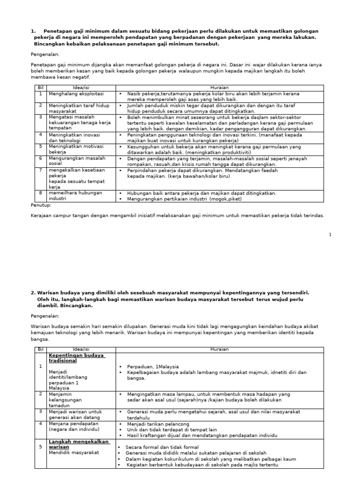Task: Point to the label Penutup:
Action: tap(41, 205)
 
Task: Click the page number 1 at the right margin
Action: tap(330, 234)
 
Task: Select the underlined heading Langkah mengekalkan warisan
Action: tap(78, 444)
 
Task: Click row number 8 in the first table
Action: tap(40, 193)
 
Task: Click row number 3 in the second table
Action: tap(40, 411)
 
